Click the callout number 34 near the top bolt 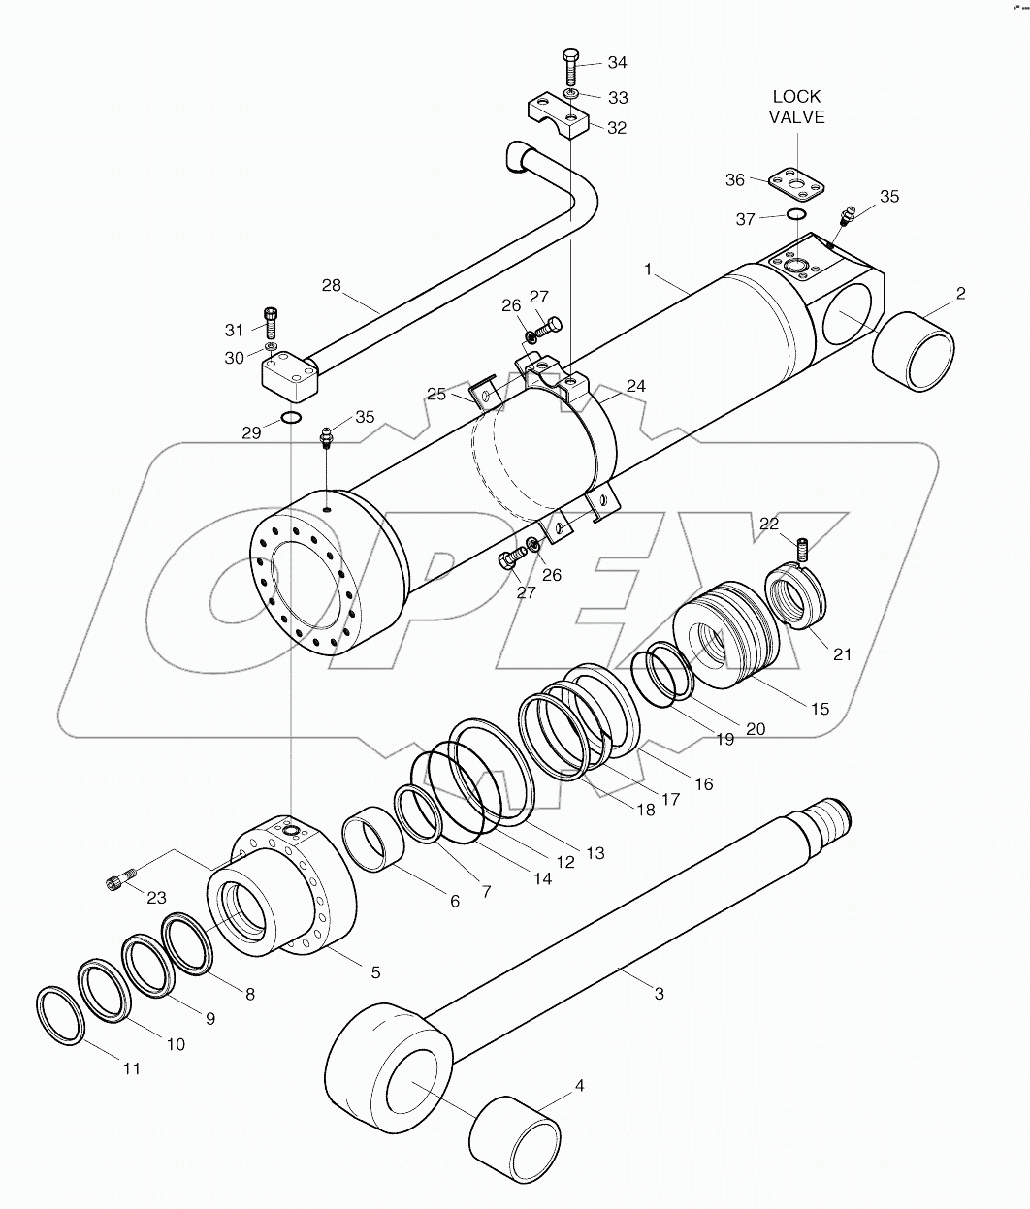point(617,63)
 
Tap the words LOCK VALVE point(796,107)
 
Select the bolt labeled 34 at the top point(570,66)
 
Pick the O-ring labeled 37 point(795,215)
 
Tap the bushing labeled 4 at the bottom point(515,1135)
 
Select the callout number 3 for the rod point(659,994)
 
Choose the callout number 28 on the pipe point(332,285)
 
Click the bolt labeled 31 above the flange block point(271,322)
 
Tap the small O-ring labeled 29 point(290,418)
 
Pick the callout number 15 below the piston point(820,709)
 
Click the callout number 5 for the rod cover point(374,971)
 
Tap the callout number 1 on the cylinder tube point(648,269)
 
